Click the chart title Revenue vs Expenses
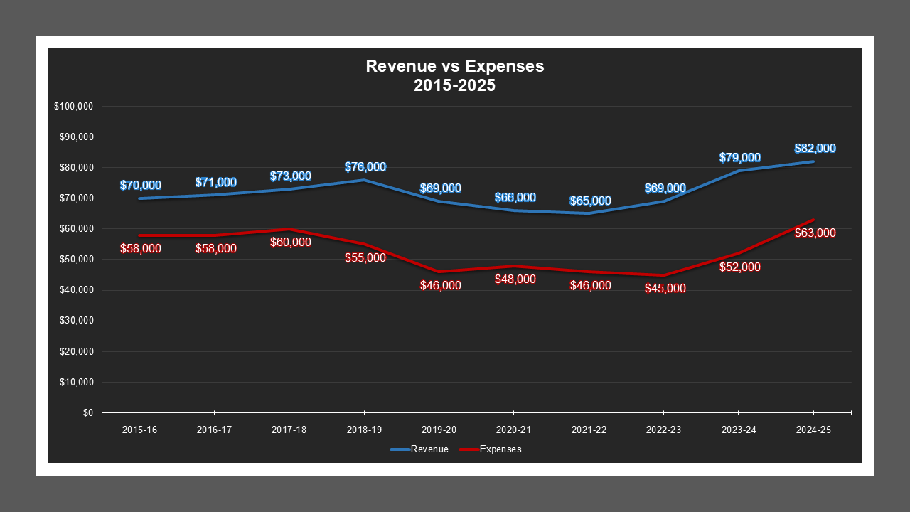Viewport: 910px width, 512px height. click(x=454, y=66)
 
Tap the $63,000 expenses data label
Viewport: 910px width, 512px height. click(x=815, y=233)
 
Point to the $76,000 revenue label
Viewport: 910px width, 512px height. click(x=365, y=167)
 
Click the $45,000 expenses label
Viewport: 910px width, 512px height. click(x=665, y=289)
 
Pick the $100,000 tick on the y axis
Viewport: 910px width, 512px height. click(x=74, y=107)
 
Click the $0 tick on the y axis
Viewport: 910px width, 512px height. click(x=87, y=413)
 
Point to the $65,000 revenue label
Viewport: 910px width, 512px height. click(x=590, y=201)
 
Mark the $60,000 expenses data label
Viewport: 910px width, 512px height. click(x=291, y=242)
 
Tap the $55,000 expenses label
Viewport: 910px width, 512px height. click(x=365, y=258)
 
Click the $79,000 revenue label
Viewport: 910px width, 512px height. click(x=740, y=158)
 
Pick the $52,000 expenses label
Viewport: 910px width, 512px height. click(x=740, y=267)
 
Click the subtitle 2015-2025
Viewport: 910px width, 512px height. click(x=454, y=86)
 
